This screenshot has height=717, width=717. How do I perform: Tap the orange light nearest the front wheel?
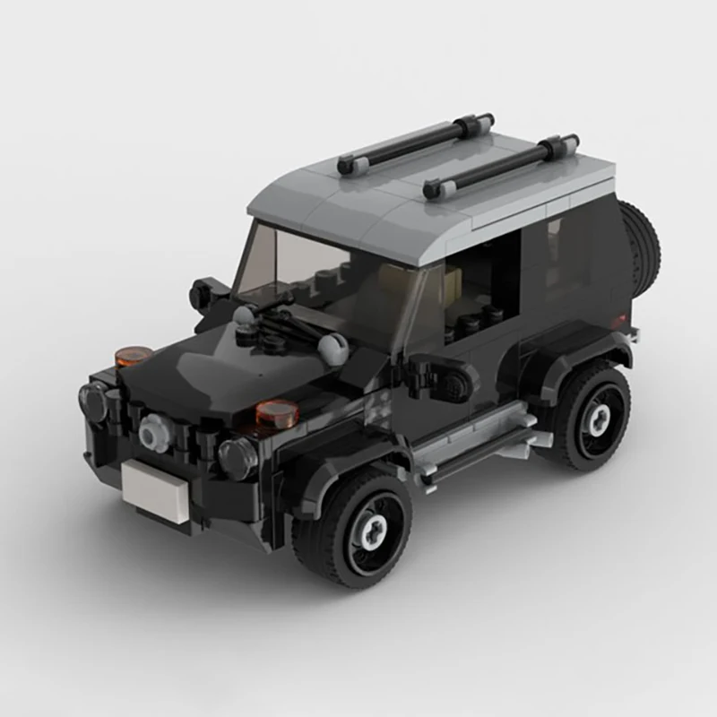tap(277, 412)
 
